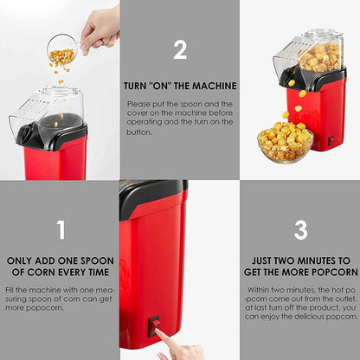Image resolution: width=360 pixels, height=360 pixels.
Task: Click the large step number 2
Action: (x=180, y=49)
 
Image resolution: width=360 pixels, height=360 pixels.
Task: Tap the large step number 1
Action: (x=61, y=230)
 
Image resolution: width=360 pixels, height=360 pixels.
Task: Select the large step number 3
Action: (x=301, y=230)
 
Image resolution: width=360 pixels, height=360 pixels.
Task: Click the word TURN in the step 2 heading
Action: (x=134, y=86)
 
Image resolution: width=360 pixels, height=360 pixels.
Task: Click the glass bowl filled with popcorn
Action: (x=286, y=145)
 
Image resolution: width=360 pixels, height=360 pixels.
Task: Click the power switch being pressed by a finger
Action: (x=154, y=326)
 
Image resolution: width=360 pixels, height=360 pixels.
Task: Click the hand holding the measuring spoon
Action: (x=100, y=29)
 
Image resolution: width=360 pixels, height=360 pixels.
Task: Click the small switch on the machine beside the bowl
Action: (x=331, y=140)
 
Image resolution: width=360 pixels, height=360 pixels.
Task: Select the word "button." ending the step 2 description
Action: (x=139, y=132)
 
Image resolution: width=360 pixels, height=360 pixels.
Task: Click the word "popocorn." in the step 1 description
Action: (x=45, y=308)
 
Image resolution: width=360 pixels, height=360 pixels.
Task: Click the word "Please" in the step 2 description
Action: (x=139, y=104)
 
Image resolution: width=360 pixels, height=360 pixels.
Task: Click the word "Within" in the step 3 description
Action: (x=258, y=290)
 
